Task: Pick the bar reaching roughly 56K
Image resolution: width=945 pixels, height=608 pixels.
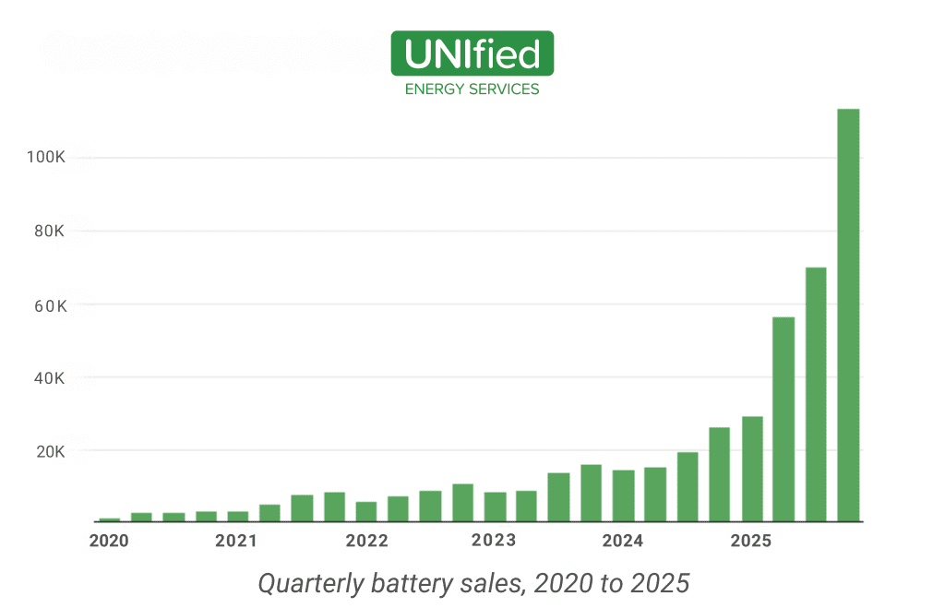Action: [784, 420]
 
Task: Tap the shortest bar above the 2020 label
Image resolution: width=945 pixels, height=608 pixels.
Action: [110, 519]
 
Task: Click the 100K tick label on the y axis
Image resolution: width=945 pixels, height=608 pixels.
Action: [45, 158]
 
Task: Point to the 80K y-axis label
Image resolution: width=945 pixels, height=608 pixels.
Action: [49, 231]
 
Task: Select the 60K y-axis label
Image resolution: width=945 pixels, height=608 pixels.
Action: [49, 304]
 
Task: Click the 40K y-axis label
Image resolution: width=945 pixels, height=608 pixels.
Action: [49, 378]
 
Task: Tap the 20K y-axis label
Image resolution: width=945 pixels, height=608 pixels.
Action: [49, 452]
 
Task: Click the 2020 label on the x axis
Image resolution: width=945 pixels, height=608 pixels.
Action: [109, 541]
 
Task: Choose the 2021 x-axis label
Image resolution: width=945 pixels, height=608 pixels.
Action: [236, 541]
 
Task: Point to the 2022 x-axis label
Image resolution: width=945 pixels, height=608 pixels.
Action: [366, 541]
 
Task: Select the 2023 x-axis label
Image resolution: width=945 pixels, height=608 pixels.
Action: [494, 541]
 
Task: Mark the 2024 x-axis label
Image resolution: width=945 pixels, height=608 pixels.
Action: [622, 541]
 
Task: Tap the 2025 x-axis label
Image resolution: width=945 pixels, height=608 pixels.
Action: [750, 541]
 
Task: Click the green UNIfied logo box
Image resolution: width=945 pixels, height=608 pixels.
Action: [472, 54]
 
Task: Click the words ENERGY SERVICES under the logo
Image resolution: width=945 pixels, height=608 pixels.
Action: [472, 89]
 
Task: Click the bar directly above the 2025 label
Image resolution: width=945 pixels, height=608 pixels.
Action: [752, 470]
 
